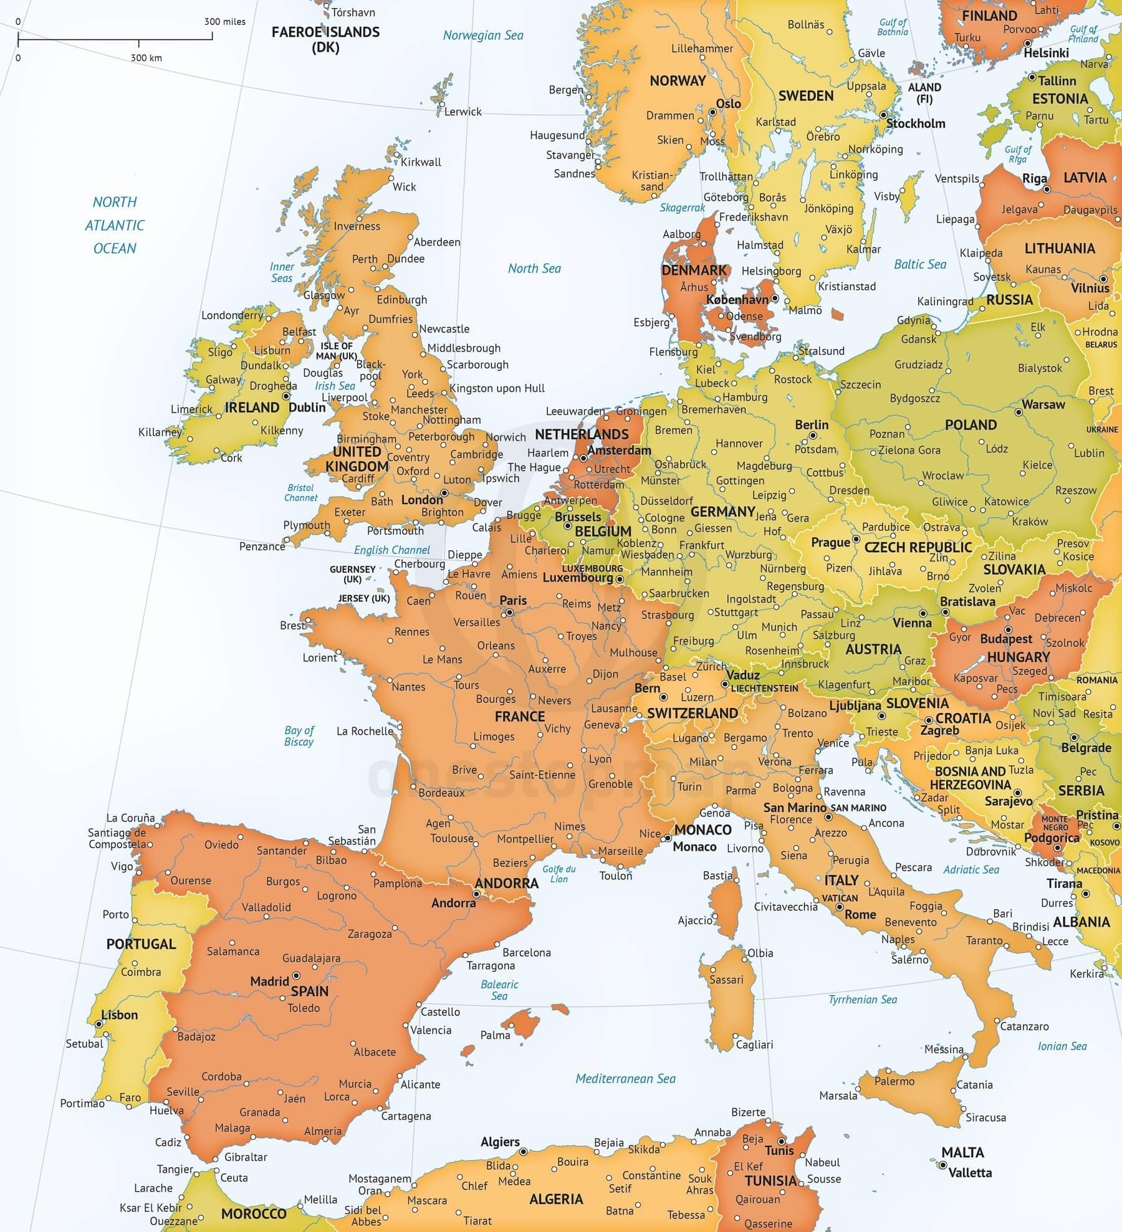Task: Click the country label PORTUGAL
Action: pos(141,943)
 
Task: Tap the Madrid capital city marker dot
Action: pos(296,975)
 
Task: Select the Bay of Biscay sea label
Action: pos(299,736)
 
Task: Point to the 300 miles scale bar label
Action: pos(225,22)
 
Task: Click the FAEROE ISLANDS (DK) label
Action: pos(325,39)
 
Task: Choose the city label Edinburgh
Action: pos(402,300)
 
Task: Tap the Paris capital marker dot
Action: pos(509,613)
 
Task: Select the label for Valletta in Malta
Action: pos(970,1173)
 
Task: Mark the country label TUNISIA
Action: pos(770,1181)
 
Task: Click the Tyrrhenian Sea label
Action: pos(863,1000)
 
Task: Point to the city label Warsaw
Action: pos(1043,404)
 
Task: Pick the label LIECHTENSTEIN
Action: pos(764,688)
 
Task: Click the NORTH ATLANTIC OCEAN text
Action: pos(115,225)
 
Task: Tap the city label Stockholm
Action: pos(916,123)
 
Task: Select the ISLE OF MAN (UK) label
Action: pos(337,351)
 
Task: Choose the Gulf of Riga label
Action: pos(1018,154)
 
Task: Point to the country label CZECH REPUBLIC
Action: pos(918,547)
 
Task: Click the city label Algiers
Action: pos(500,1142)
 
